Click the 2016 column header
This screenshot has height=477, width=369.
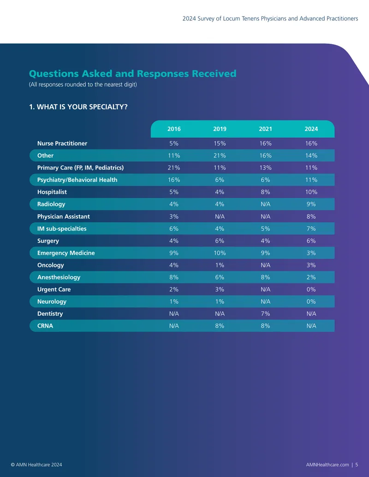pyautogui.click(x=174, y=129)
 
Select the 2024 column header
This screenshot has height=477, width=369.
pyautogui.click(x=311, y=129)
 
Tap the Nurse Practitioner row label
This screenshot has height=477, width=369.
pyautogui.click(x=62, y=143)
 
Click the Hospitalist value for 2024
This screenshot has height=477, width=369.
pyautogui.click(x=311, y=192)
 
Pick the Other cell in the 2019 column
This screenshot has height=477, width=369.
pyautogui.click(x=220, y=155)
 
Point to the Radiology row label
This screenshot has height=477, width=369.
pyautogui.click(x=51, y=204)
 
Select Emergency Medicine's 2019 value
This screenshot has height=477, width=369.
pyautogui.click(x=220, y=253)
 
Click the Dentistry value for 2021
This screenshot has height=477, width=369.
pyautogui.click(x=265, y=314)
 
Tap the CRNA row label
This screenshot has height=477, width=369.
pyautogui.click(x=45, y=326)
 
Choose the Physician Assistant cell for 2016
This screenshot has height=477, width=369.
pyautogui.click(x=174, y=217)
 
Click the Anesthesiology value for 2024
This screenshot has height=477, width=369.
pyautogui.click(x=311, y=277)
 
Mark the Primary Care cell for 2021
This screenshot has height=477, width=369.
pyautogui.click(x=265, y=168)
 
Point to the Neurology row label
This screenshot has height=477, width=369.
pyautogui.click(x=52, y=301)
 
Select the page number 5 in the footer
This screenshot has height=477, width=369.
pyautogui.click(x=357, y=465)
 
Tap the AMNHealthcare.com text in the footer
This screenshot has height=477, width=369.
pyautogui.click(x=327, y=465)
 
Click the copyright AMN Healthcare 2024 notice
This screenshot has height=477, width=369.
pyautogui.click(x=36, y=465)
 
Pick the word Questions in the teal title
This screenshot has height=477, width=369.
pyautogui.click(x=54, y=74)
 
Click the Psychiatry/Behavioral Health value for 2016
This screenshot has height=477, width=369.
pyautogui.click(x=174, y=180)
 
